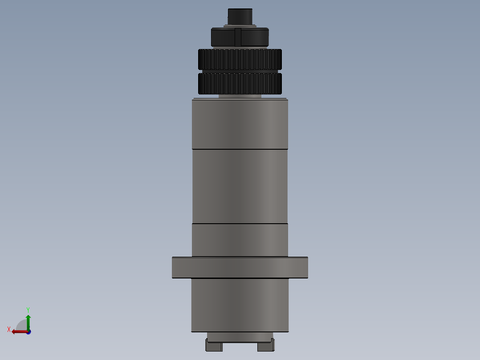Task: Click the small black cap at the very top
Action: (x=240, y=17)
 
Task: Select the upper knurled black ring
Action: (x=240, y=59)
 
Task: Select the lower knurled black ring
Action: (x=240, y=84)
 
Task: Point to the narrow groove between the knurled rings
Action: (x=240, y=71)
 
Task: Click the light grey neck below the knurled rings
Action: (x=240, y=96)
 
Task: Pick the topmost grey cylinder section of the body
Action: (x=240, y=124)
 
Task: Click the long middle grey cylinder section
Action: (x=240, y=186)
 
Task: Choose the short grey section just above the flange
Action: (x=240, y=240)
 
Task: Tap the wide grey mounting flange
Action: (x=240, y=267)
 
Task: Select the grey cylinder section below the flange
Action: (x=240, y=305)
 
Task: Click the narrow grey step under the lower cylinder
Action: (x=240, y=337)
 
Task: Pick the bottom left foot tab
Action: (x=213, y=346)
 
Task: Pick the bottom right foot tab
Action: (x=266, y=346)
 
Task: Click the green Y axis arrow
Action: (x=28, y=321)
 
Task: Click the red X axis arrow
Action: (x=18, y=331)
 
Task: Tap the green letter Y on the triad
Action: (x=28, y=309)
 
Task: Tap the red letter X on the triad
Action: (x=9, y=330)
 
